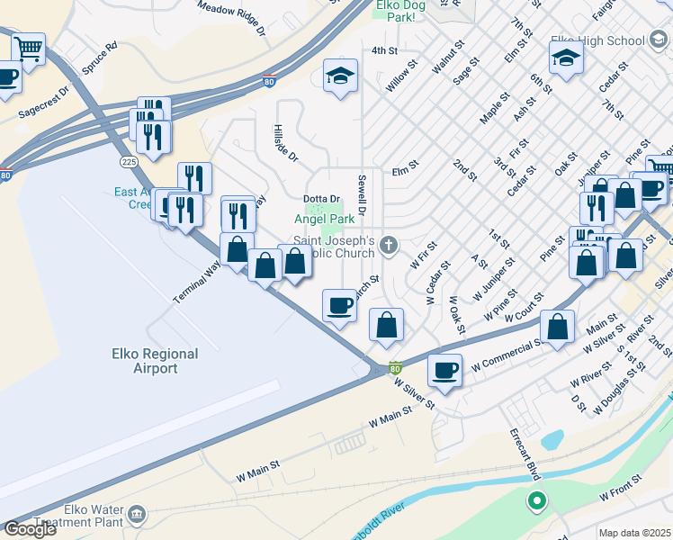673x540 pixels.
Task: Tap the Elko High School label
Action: [x=600, y=40]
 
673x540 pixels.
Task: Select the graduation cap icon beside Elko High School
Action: [x=566, y=58]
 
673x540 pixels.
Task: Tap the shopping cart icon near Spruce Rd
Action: [x=29, y=49]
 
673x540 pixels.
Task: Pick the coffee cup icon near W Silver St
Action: [x=444, y=369]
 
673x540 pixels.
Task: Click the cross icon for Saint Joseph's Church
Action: [x=389, y=244]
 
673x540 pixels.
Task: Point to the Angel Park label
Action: [x=324, y=219]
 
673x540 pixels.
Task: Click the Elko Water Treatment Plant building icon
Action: [x=137, y=514]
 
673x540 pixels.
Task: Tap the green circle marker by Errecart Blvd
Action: [x=537, y=500]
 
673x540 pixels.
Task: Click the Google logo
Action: [x=30, y=528]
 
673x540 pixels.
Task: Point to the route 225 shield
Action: [x=129, y=161]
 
